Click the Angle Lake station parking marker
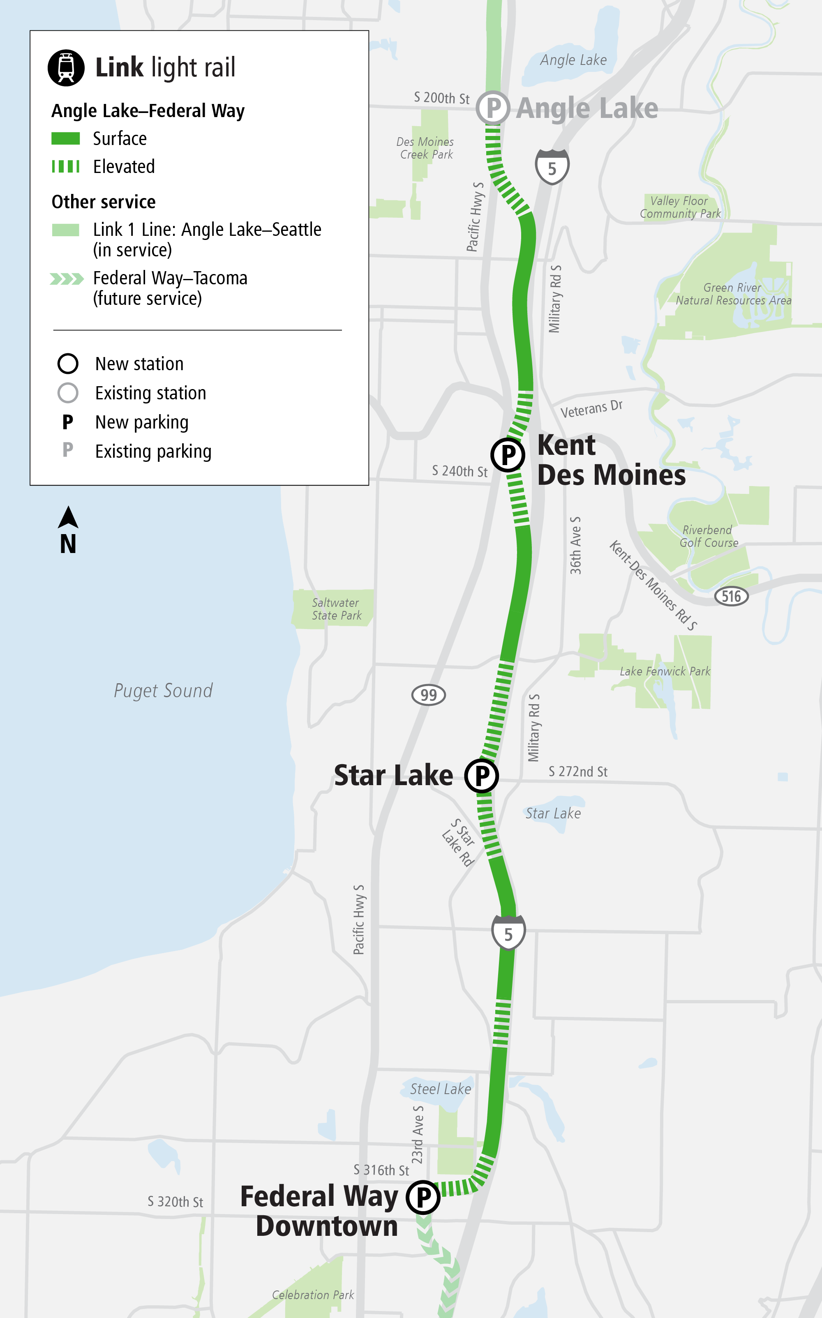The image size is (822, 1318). (493, 108)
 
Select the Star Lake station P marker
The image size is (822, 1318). (482, 776)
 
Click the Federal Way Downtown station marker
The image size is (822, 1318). (423, 1197)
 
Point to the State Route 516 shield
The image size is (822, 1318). (731, 596)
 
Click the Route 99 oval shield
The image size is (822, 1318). (428, 695)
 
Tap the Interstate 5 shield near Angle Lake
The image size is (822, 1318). (552, 167)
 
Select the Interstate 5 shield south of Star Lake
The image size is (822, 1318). (508, 932)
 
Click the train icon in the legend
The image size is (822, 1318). (66, 68)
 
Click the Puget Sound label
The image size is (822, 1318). (163, 691)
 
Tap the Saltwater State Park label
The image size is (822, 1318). (336, 609)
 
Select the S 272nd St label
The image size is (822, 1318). (578, 772)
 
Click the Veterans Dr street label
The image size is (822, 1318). (591, 408)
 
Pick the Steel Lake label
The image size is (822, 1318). (440, 1089)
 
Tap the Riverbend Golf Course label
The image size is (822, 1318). (709, 536)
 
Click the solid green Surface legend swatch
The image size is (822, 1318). (66, 138)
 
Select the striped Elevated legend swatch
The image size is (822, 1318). (66, 166)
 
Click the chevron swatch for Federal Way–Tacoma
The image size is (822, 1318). (66, 279)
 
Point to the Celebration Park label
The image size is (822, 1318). (313, 1295)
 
